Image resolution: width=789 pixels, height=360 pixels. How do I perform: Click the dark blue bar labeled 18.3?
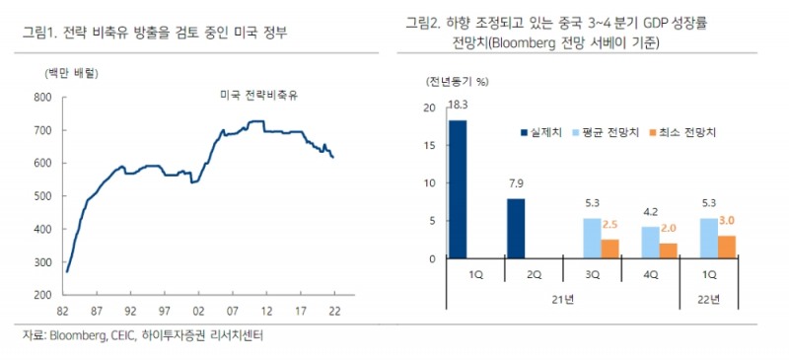point(458,188)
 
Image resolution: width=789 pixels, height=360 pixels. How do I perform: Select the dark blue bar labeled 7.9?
point(516,228)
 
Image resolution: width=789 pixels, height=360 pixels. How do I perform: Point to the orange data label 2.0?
point(668,227)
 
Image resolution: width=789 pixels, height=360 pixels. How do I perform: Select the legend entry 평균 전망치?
point(617,131)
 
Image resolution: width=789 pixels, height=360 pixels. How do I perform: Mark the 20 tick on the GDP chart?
point(427,108)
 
